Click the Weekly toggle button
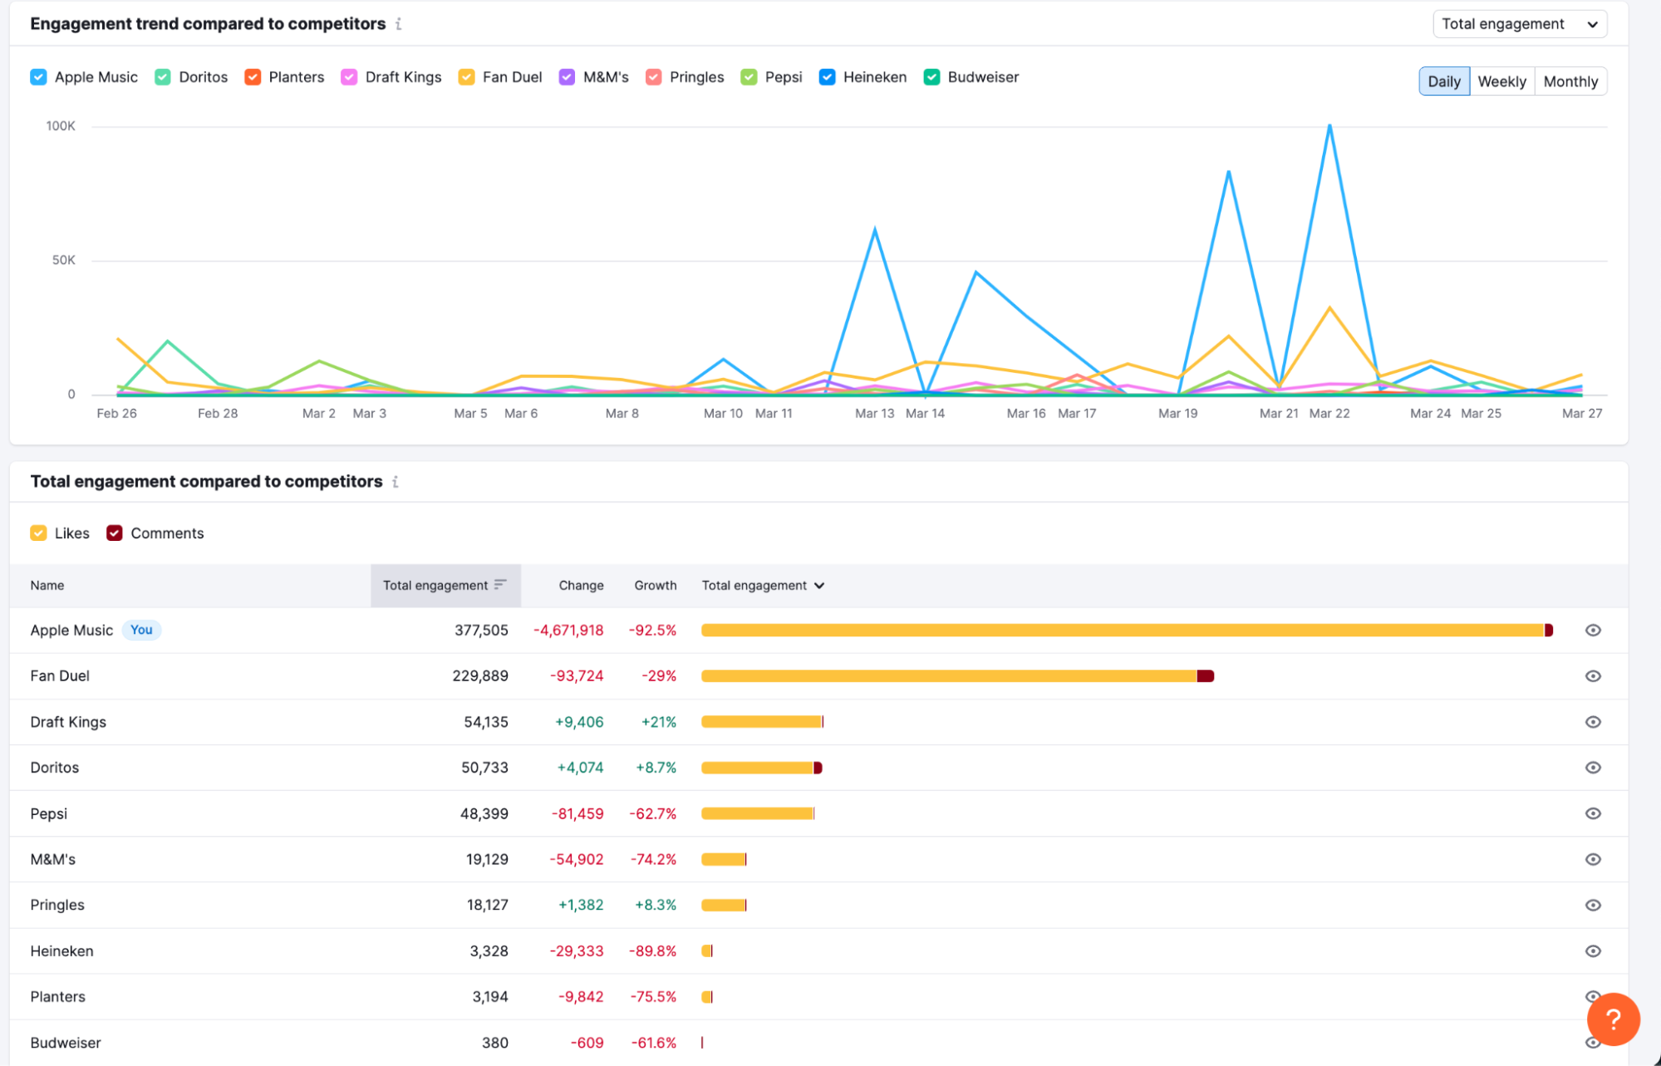click(1501, 81)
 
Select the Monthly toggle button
click(1570, 81)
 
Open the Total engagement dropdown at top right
click(1519, 24)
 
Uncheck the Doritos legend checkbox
click(163, 77)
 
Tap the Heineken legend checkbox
click(827, 77)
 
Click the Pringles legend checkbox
click(654, 77)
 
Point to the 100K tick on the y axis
click(61, 126)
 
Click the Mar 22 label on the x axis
click(1329, 413)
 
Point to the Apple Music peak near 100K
click(1329, 126)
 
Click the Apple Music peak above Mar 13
click(875, 229)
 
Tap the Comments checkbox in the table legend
click(115, 533)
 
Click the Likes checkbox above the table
click(38, 533)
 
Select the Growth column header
click(655, 586)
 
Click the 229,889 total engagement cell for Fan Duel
click(479, 676)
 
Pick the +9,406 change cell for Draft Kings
click(578, 722)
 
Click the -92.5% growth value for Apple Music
click(652, 631)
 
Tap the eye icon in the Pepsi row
click(1592, 813)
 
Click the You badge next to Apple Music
click(141, 630)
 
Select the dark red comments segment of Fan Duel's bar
click(1205, 676)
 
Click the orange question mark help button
click(1612, 1019)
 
